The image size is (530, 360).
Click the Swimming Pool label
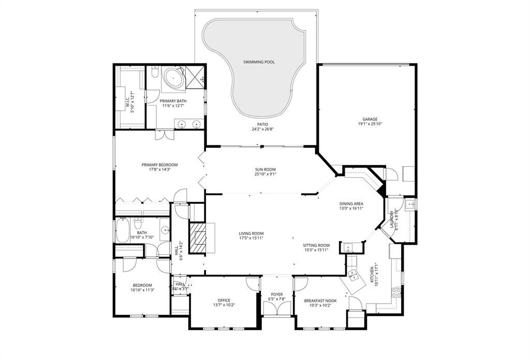click(259, 62)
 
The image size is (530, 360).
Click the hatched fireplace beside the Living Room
click(197, 237)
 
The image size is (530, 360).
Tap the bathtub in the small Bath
click(123, 232)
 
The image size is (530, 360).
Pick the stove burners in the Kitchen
click(397, 297)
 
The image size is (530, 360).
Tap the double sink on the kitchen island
click(354, 274)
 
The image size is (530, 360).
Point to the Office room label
click(224, 300)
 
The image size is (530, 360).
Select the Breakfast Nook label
click(320, 300)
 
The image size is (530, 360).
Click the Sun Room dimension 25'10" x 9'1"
click(265, 174)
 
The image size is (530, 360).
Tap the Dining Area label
click(351, 204)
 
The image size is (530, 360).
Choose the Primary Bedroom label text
click(156, 164)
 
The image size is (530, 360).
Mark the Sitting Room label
click(317, 245)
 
